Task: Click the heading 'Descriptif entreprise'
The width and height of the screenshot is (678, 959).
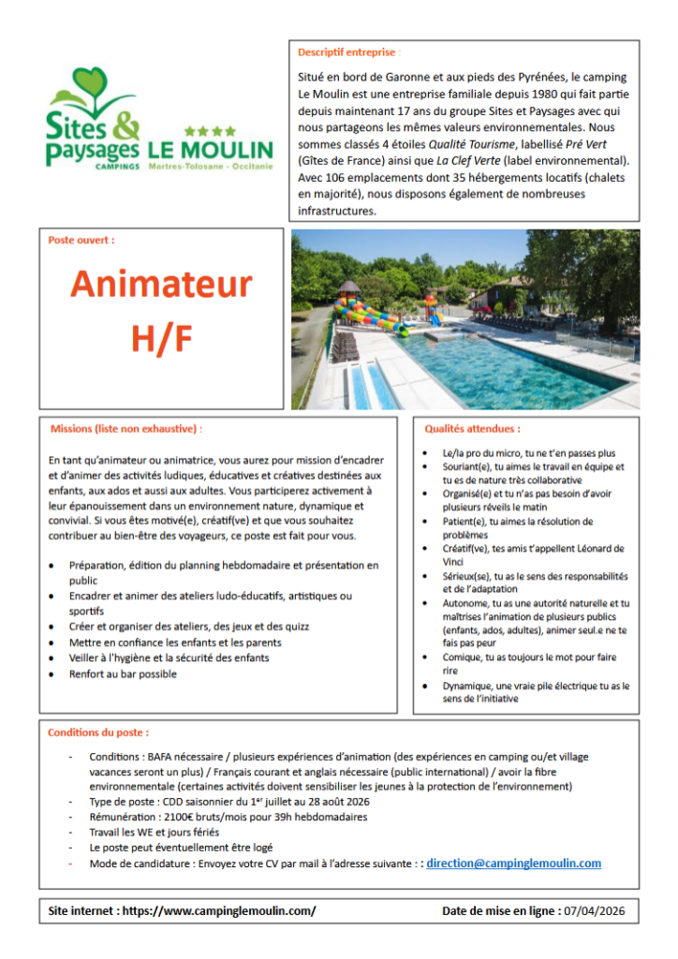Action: [346, 52]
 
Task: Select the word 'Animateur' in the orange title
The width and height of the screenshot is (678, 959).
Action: [161, 284]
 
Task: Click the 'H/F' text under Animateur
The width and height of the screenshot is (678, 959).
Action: [161, 340]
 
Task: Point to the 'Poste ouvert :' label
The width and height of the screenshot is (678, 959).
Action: [81, 241]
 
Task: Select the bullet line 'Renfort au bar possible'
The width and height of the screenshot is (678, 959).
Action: [123, 674]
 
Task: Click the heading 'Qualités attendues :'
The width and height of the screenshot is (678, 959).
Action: [473, 429]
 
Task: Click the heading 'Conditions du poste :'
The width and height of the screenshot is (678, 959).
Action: [98, 732]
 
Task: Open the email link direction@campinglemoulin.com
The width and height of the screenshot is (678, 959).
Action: [513, 863]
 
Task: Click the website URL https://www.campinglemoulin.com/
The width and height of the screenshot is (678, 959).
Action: [219, 910]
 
